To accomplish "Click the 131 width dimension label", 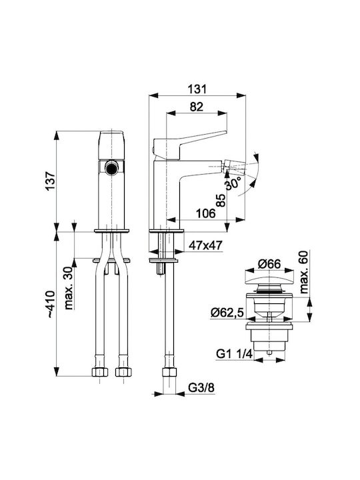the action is click(x=197, y=89).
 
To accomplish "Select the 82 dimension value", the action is click(x=197, y=107).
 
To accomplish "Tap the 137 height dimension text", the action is click(x=50, y=181).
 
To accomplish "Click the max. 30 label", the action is click(x=69, y=289).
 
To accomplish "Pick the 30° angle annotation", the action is click(x=233, y=184).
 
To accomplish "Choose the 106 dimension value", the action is click(x=206, y=213).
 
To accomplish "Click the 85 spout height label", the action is click(x=221, y=201).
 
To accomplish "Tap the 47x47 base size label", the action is click(x=205, y=245).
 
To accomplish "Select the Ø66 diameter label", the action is click(x=269, y=264).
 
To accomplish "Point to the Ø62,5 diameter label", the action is click(x=227, y=313).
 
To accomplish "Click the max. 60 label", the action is click(x=304, y=272).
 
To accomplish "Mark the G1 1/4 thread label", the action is click(x=234, y=354).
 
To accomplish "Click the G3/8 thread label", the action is click(x=201, y=388).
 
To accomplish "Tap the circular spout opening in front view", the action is click(x=111, y=168).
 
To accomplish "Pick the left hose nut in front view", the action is click(x=100, y=372).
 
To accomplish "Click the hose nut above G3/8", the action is click(x=169, y=372).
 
